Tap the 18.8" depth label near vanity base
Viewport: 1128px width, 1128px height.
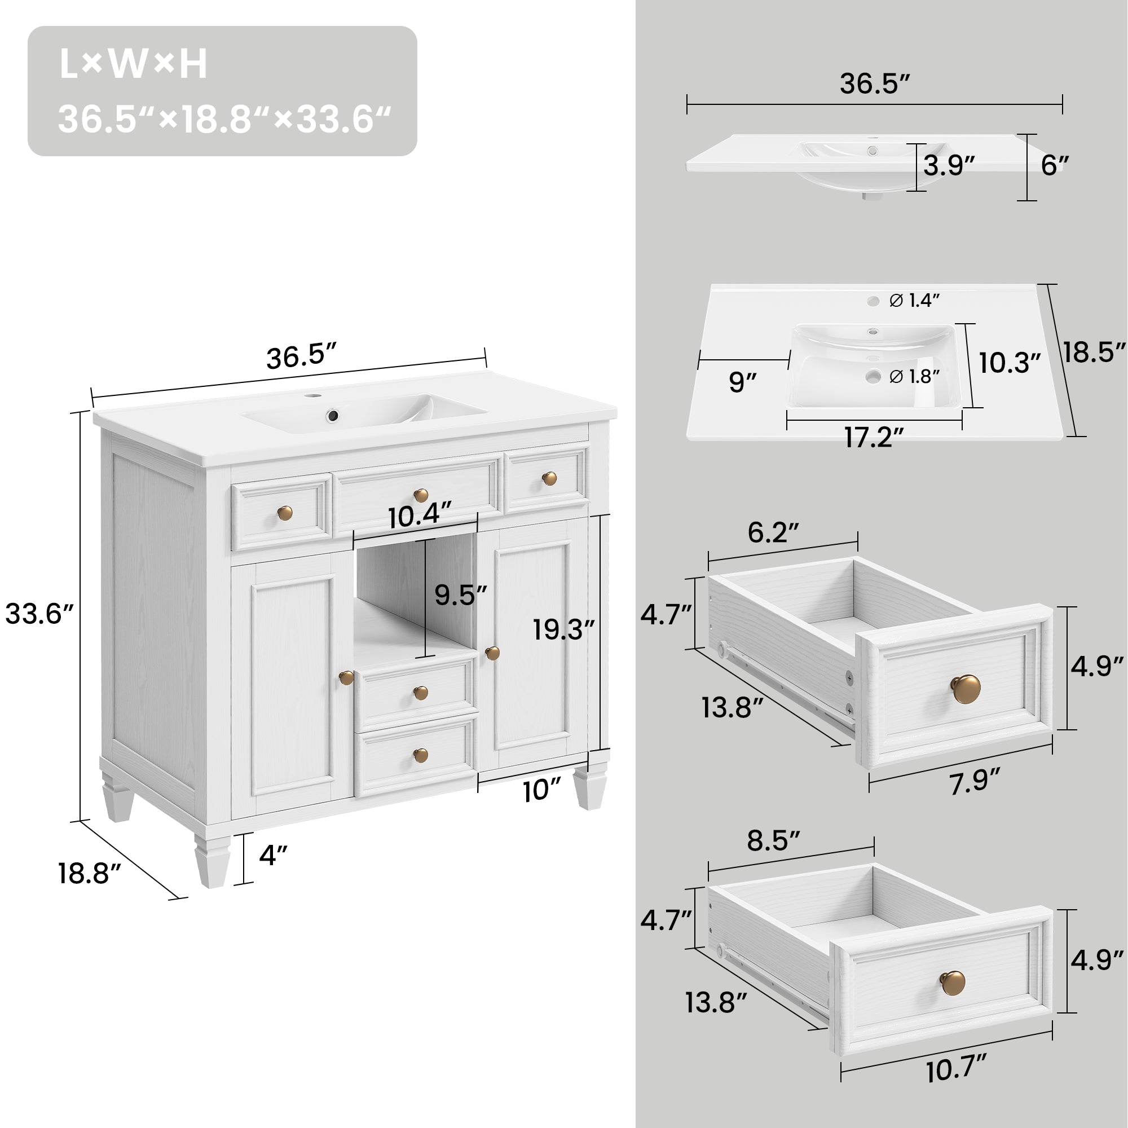tap(89, 874)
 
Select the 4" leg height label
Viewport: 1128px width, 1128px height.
tap(273, 856)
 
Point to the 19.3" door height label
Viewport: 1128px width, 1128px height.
tap(563, 630)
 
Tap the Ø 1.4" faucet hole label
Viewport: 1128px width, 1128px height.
tap(914, 301)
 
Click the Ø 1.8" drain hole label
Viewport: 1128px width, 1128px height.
tap(914, 377)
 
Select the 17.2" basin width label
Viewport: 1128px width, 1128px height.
tap(874, 438)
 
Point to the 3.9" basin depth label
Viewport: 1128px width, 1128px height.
tap(949, 166)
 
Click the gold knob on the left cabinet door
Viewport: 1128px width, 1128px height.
tap(346, 678)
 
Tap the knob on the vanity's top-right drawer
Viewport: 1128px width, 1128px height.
tap(549, 479)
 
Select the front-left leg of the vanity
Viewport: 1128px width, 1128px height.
tap(212, 861)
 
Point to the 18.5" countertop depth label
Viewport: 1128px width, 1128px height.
tap(1093, 353)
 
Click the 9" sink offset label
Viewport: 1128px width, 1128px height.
tap(742, 383)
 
